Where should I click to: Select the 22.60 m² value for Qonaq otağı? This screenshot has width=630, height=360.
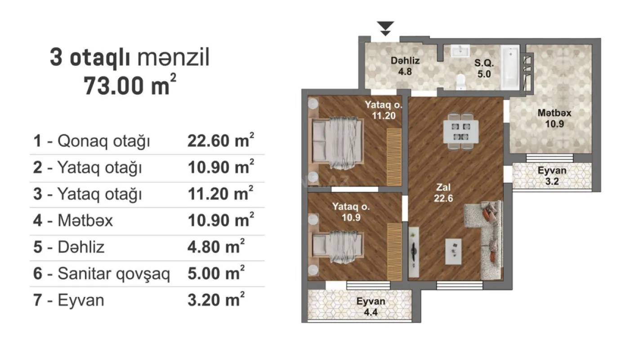[220, 141]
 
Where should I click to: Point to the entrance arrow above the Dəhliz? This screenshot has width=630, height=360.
[386, 28]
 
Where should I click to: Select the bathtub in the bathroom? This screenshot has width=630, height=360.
[510, 67]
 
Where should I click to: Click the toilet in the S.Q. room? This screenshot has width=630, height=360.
[460, 82]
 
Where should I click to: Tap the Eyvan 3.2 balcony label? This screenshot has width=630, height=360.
[552, 176]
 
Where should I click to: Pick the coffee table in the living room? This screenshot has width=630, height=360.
[453, 251]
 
